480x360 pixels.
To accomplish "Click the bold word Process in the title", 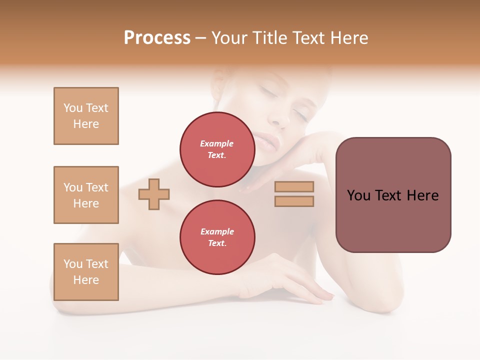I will (157, 38).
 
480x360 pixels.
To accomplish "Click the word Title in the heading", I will (268, 38).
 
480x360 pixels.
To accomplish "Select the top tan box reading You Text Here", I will (86, 116).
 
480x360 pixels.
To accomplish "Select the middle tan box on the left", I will (86, 195).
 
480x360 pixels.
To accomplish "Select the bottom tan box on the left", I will (86, 272).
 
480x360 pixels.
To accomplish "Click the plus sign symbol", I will (154, 194).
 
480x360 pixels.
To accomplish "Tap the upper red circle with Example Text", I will (217, 149).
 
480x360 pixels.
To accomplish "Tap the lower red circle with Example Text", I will (217, 237).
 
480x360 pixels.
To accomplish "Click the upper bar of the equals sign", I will (294, 186).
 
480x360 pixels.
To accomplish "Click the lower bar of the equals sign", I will (294, 201).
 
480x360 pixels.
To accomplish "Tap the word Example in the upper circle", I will (217, 143).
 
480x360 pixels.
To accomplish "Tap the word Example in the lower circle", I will (217, 231).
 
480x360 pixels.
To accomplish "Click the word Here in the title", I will (349, 38).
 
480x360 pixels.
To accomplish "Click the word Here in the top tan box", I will (86, 124).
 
